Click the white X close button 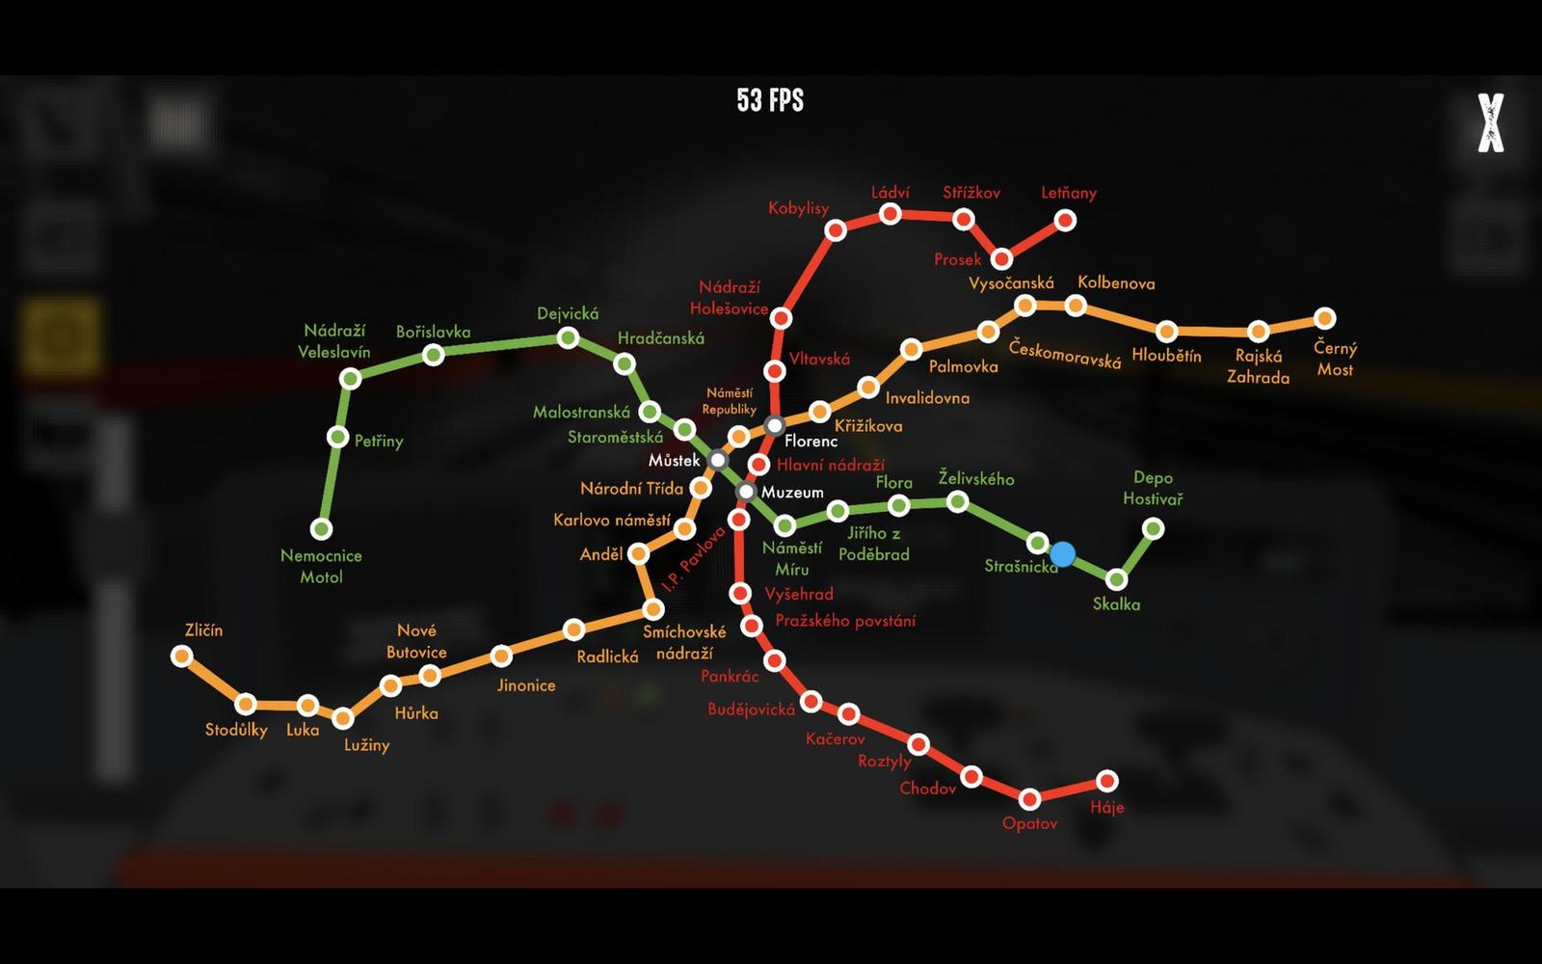tap(1490, 122)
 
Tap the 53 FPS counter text tap(770, 100)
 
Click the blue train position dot tap(1062, 554)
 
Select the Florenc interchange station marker tap(775, 425)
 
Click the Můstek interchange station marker tap(718, 460)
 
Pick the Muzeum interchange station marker tap(745, 492)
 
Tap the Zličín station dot tap(181, 656)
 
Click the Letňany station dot tap(1065, 221)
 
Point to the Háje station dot tap(1107, 781)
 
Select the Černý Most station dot tap(1325, 318)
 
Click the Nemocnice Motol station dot tap(321, 528)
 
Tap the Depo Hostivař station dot tap(1153, 528)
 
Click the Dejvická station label tap(568, 313)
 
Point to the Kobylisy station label tap(798, 208)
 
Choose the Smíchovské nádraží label tap(684, 642)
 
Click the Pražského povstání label tap(845, 621)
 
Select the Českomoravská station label tap(1064, 354)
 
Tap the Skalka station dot tap(1116, 579)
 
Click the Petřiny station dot tap(337, 438)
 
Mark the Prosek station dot tap(1002, 258)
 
